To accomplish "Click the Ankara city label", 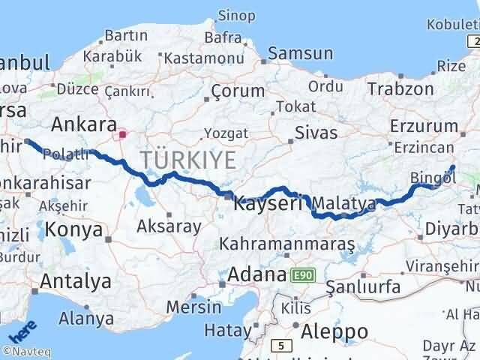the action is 83,124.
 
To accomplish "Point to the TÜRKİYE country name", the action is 187,160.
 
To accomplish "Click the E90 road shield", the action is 300,275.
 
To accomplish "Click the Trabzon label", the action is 400,88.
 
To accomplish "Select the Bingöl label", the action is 433,178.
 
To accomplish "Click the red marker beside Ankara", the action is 123,135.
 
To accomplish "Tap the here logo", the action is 19,330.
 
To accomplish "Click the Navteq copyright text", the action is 28,350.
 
